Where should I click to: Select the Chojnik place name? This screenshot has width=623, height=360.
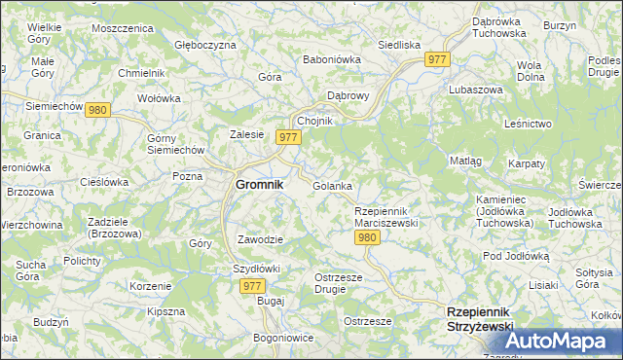[x=315, y=120]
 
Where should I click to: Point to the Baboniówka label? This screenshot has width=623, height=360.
[x=332, y=59]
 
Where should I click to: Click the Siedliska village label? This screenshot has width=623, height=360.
[x=398, y=45]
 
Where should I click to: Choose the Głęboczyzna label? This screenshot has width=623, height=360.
[x=204, y=45]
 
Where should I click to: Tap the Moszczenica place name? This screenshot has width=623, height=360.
[x=123, y=28]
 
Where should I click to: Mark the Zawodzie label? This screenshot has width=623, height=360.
[x=260, y=239]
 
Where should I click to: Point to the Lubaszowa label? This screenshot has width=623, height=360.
[x=475, y=89]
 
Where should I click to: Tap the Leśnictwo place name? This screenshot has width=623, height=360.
[x=529, y=124]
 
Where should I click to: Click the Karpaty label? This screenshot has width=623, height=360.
[x=526, y=163]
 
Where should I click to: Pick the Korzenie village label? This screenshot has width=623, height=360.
[x=151, y=286]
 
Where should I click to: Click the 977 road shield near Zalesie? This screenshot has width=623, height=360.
[x=287, y=137]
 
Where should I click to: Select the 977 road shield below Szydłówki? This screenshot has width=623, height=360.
[x=252, y=285]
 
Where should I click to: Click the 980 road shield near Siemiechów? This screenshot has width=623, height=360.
[x=96, y=110]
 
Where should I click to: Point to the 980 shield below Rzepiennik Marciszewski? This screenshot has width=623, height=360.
[x=366, y=236]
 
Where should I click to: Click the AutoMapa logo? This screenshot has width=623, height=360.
[x=558, y=342]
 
